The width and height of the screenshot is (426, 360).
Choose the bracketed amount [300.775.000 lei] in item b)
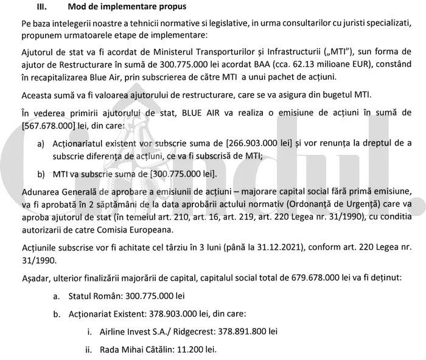[177, 173]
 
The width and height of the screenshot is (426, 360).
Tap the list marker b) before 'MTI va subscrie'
[41, 173]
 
